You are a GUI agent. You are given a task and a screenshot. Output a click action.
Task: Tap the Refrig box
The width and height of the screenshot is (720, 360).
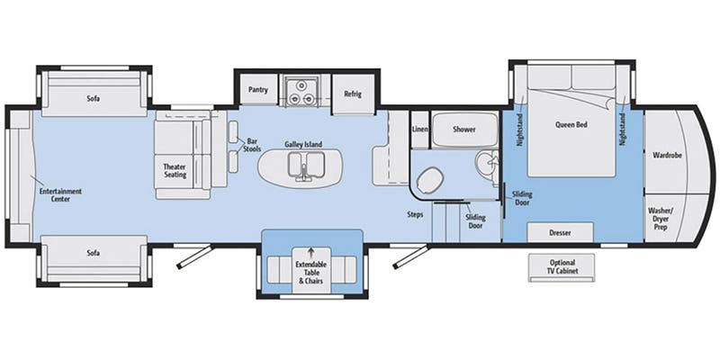pos(352,94)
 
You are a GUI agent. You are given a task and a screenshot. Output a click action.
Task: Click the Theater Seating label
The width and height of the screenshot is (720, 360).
pos(174,171)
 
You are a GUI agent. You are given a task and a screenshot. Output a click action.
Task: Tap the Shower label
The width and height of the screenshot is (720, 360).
pos(463,130)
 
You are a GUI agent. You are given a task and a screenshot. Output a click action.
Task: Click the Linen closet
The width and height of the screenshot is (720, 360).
pos(419,130)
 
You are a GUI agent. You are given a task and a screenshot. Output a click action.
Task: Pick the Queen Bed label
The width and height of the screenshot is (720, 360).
pos(571,125)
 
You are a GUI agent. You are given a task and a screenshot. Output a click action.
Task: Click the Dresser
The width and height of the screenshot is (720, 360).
pos(560,232)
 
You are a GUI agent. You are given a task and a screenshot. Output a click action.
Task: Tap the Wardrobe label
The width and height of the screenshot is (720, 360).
pos(667,155)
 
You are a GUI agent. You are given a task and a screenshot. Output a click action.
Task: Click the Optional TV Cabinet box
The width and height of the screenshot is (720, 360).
pos(563,266)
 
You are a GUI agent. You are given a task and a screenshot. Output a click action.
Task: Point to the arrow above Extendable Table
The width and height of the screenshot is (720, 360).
pos(311,251)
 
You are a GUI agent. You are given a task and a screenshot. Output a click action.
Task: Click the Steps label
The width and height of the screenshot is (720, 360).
pos(415,214)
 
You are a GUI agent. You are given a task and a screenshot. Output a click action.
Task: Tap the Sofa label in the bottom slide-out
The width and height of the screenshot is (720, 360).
pos(94,254)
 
